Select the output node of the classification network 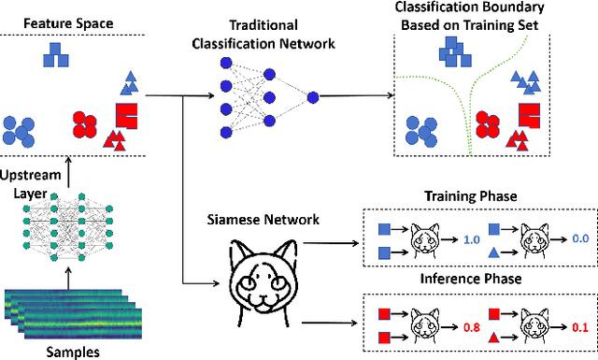[312, 95]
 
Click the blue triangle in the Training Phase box [492, 252]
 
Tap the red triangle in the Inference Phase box [492, 338]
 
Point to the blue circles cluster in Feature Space [22, 130]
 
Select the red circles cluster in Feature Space [85, 125]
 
